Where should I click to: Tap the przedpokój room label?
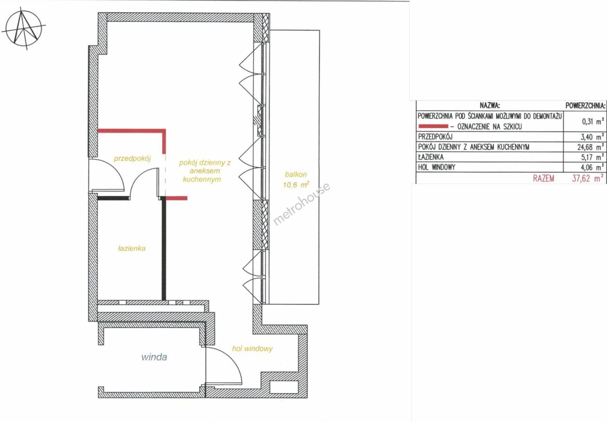click(132, 159)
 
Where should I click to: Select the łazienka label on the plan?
click(132, 249)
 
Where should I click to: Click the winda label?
click(154, 357)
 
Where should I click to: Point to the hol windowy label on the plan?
click(252, 349)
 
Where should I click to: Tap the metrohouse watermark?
click(302, 204)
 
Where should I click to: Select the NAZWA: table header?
click(490, 105)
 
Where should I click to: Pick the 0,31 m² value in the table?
click(593, 122)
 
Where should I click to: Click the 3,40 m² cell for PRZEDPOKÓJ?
click(593, 137)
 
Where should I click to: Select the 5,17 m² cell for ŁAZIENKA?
click(593, 157)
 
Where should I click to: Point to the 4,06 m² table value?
click(593, 167)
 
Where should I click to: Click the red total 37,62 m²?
click(588, 179)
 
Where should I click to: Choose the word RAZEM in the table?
click(544, 179)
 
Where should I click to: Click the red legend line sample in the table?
click(433, 126)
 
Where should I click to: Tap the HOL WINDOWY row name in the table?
click(437, 167)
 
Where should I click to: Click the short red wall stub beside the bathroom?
click(176, 198)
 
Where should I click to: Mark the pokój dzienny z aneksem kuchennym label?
click(204, 171)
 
